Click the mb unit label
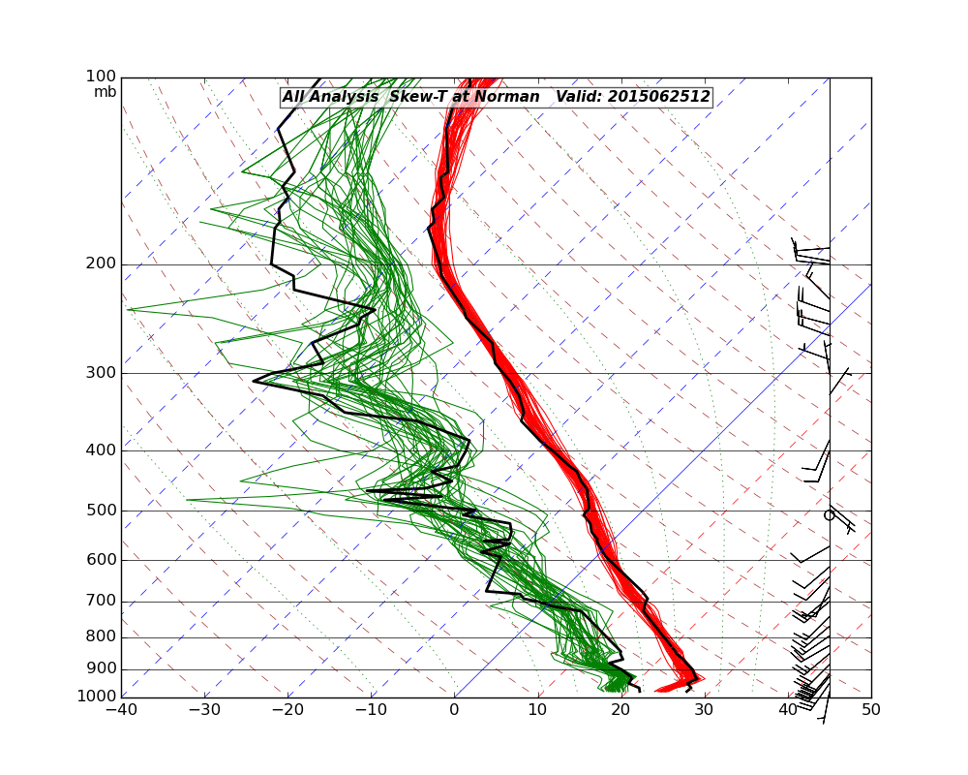coord(105,92)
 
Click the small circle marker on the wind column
coord(829,515)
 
